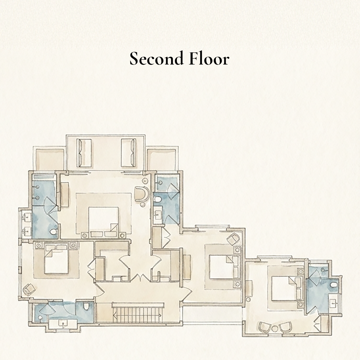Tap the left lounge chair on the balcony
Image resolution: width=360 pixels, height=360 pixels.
[x=84, y=153]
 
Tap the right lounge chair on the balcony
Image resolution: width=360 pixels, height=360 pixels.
[x=128, y=153]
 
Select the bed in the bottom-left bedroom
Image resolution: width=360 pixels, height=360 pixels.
[x=56, y=261]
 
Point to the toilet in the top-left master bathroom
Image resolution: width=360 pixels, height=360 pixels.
[x=53, y=232]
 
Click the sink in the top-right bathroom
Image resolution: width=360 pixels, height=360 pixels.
[x=158, y=215]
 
